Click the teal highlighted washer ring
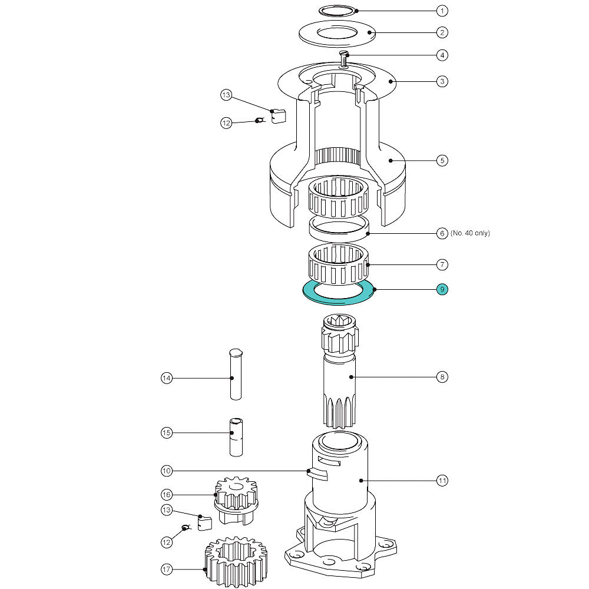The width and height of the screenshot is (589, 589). coord(339,299)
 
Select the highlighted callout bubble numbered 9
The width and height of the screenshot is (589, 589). coord(442,289)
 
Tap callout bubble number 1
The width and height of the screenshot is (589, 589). coord(442,11)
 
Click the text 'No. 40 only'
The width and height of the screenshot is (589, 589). coord(470,233)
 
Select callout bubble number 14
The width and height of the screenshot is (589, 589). coord(167,378)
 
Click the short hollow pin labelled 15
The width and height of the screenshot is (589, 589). coord(235,436)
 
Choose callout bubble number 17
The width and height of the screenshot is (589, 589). coord(167,569)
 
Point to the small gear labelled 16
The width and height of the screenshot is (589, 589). coord(236,498)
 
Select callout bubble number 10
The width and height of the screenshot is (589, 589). coord(167,471)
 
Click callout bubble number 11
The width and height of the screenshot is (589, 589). coord(442,481)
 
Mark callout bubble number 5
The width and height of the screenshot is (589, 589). coord(442,160)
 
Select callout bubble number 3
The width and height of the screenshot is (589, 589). coord(442,81)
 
